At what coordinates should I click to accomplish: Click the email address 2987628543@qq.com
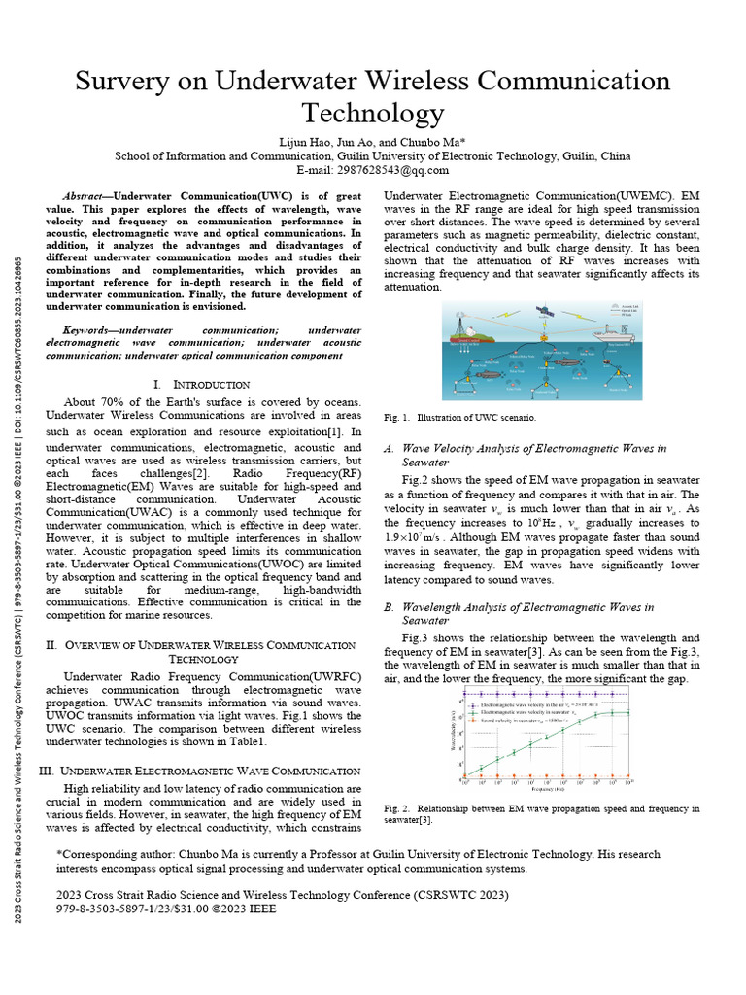coord(372,170)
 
